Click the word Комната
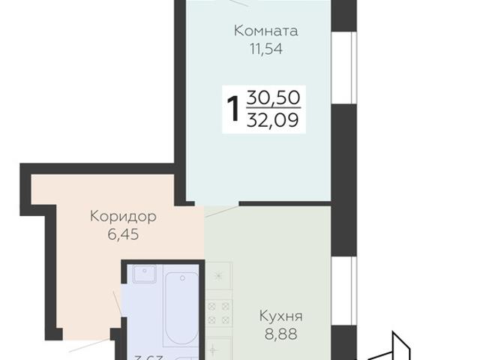click(265, 31)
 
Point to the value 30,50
click(273, 97)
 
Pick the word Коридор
click(122, 217)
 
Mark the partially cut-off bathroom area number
click(149, 355)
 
